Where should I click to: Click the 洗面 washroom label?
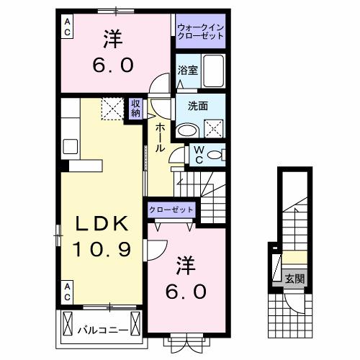pos(199,105)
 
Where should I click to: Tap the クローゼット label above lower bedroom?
pos(171,209)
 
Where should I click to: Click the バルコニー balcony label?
pos(103,332)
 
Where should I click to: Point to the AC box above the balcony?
pos(66,292)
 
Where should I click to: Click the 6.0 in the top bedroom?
pos(112,66)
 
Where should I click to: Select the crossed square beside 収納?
pos(112,108)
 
